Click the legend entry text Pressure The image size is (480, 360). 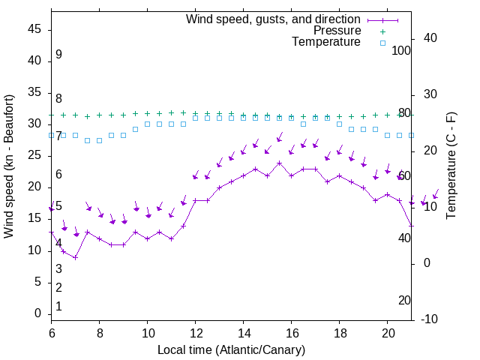coord(337,31)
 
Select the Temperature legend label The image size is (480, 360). coord(326,42)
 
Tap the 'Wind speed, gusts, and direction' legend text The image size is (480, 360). coord(274,19)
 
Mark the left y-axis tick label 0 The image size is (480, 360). coord(39,313)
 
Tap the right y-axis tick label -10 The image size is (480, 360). coord(430,319)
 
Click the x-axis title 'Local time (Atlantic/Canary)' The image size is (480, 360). coord(231,349)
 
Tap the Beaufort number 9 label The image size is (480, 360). coord(58,55)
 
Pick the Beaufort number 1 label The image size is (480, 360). coord(58,306)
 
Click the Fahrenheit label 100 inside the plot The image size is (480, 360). coord(402,50)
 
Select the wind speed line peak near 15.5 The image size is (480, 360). coord(279,163)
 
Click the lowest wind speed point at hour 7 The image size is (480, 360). coord(75,257)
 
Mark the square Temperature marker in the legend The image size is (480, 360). coord(382,43)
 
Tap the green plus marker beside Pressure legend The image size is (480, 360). coord(382,31)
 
